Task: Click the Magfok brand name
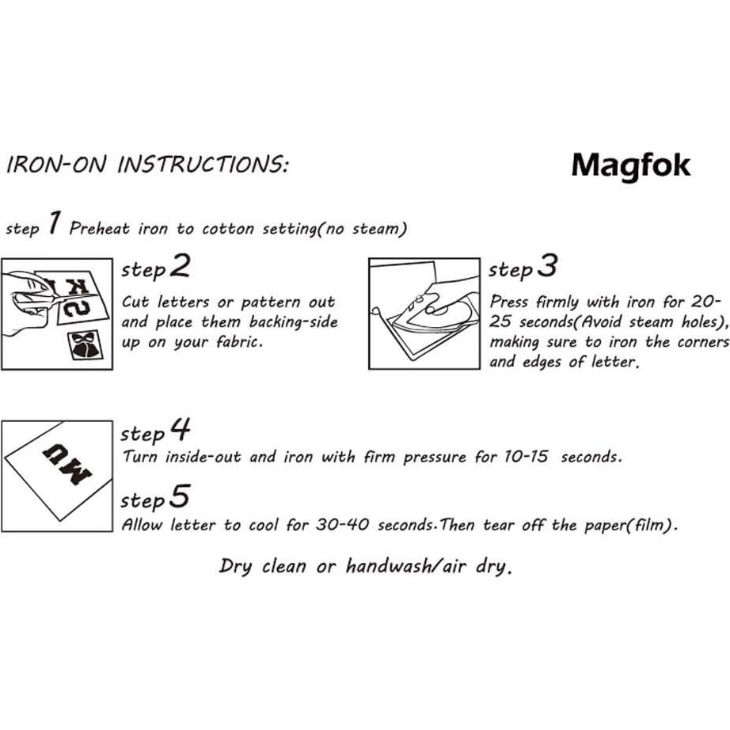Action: click(630, 165)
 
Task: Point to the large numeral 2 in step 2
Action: click(181, 267)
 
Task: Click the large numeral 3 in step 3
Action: click(547, 267)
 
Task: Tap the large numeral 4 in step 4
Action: click(180, 430)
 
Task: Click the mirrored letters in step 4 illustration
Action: click(67, 464)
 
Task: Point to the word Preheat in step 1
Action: click(101, 230)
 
